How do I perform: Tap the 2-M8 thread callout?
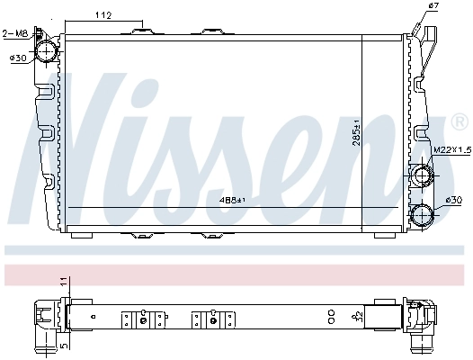pos(15,34)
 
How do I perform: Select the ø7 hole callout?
pos(433,7)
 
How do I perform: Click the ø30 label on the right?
pos(455,199)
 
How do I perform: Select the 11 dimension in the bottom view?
pos(64,283)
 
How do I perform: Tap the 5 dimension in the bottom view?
pos(64,344)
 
